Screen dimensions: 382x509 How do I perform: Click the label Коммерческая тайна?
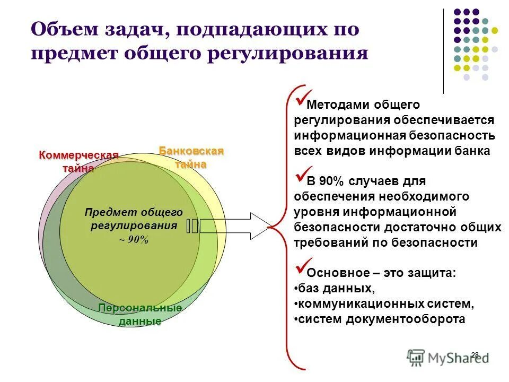click(x=78, y=161)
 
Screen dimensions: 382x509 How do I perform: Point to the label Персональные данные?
click(x=140, y=315)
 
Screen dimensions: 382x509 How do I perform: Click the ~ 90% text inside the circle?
click(x=134, y=239)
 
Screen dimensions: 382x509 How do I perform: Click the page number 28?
click(x=475, y=354)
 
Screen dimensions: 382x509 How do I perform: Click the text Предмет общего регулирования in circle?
click(x=134, y=219)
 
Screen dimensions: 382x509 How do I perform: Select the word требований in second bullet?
click(x=327, y=242)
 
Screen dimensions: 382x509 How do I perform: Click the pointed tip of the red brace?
click(x=268, y=228)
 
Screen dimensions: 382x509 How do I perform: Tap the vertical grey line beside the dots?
click(x=443, y=50)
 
